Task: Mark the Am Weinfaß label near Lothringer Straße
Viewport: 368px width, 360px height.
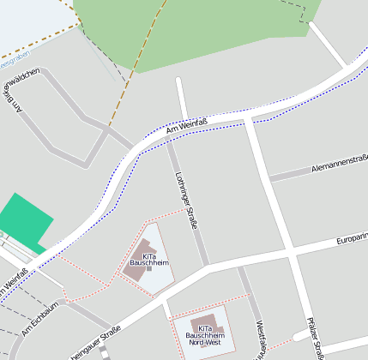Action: (187, 127)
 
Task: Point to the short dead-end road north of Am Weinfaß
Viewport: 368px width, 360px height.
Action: (181, 97)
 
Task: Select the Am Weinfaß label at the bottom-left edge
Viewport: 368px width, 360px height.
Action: (13, 284)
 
